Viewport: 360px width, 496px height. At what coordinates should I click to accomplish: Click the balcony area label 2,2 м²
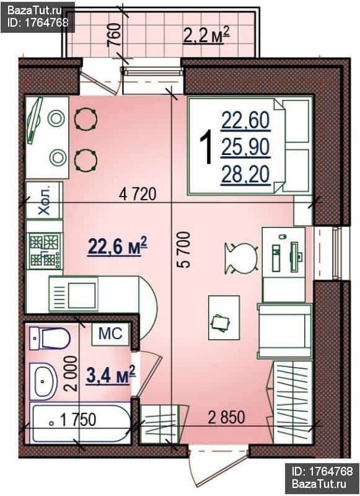coord(206,35)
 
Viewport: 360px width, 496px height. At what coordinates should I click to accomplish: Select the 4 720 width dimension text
coord(138,194)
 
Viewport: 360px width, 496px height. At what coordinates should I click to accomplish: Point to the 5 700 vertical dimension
coord(184,250)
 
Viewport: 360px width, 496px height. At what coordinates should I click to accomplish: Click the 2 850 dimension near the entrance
coord(226,417)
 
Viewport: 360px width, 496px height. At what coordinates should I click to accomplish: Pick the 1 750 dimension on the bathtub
coord(77,420)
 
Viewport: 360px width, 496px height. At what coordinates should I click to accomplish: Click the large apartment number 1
coord(206,148)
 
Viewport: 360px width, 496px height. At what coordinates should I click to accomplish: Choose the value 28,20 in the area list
coord(245,175)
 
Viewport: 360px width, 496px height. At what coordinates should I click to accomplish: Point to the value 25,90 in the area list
coord(245,148)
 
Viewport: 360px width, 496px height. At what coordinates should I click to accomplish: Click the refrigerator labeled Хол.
coord(44,200)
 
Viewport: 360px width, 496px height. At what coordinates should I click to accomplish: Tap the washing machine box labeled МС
coord(111,334)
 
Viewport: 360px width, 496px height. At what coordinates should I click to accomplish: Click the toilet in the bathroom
coord(50,339)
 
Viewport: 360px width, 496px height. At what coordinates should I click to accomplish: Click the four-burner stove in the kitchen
coord(45,250)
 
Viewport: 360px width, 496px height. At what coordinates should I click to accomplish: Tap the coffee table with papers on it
coord(224,317)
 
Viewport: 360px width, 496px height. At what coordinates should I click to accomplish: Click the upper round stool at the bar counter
coord(86,118)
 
